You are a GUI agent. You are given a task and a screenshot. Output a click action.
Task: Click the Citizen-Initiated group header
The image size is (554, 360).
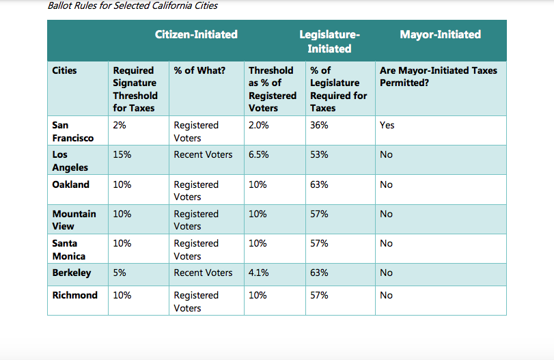click(x=196, y=34)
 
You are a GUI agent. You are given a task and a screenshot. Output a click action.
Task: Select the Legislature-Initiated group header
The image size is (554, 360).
click(x=329, y=41)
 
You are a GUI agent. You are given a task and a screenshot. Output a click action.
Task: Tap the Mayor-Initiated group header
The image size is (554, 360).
click(x=440, y=34)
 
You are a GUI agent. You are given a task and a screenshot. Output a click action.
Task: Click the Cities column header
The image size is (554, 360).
click(x=65, y=70)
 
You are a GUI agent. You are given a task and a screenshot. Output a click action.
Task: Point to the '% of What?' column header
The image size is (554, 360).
click(x=199, y=70)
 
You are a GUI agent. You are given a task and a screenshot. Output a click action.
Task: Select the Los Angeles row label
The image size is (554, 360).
click(x=70, y=161)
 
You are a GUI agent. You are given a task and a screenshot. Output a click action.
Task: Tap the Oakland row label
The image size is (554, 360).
click(x=70, y=184)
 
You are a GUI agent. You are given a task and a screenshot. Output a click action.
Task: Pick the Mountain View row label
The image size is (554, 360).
click(x=74, y=220)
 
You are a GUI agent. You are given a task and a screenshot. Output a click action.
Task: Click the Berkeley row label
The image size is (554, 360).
click(x=72, y=273)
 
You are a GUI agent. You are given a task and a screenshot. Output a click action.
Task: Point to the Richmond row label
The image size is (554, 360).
click(x=74, y=295)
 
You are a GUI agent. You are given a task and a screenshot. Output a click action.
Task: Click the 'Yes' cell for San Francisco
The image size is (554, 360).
click(x=387, y=125)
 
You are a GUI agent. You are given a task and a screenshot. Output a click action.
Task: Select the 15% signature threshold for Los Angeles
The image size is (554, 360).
click(x=122, y=154)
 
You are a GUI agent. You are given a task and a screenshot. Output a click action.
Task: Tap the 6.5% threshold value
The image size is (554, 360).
click(x=258, y=154)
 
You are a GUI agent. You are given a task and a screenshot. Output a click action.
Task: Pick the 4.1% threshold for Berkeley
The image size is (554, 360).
click(x=258, y=273)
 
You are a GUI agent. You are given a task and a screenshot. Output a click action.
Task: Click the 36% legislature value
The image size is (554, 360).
click(x=319, y=125)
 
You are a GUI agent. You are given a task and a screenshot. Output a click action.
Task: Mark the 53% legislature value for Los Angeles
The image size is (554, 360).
click(x=319, y=154)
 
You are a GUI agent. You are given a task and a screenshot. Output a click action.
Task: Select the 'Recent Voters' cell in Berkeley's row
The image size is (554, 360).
click(x=203, y=273)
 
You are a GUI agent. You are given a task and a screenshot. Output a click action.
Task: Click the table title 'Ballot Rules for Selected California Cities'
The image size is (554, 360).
click(x=133, y=6)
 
